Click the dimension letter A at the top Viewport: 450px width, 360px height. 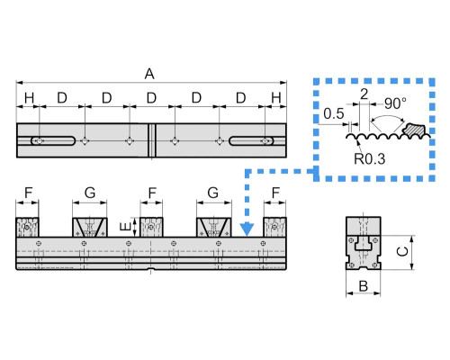click(149, 74)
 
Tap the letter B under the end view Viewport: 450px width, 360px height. click(364, 286)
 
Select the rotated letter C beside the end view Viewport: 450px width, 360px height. click(402, 251)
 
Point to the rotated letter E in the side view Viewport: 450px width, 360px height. click(125, 227)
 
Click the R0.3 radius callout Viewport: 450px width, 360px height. click(369, 159)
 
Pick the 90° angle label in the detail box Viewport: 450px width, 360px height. click(396, 103)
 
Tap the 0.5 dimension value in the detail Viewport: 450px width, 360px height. click(334, 113)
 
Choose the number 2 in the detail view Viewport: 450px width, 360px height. click(364, 94)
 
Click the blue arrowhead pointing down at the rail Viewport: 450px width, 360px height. click(247, 229)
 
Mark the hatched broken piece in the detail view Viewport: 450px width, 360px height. click(414, 130)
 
